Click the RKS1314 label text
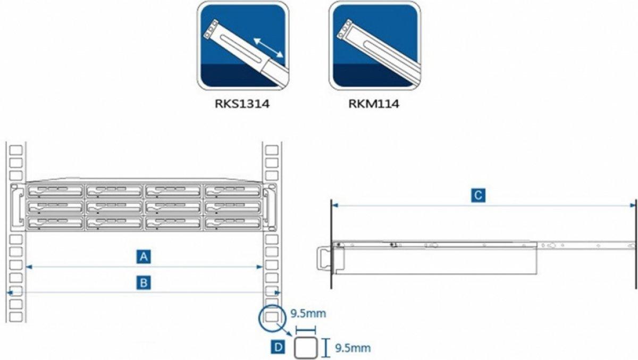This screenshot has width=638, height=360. pyautogui.click(x=242, y=104)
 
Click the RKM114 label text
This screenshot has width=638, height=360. pyautogui.click(x=374, y=104)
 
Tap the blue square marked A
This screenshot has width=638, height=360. pyautogui.click(x=144, y=256)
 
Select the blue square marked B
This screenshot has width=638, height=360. pyautogui.click(x=144, y=283)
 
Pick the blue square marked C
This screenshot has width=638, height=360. pyautogui.click(x=478, y=196)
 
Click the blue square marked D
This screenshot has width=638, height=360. pyautogui.click(x=278, y=347)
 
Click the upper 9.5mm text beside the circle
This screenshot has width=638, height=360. pyautogui.click(x=308, y=314)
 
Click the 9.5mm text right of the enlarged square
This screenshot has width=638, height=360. pyautogui.click(x=353, y=348)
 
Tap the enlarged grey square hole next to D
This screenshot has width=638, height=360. pyautogui.click(x=306, y=347)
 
